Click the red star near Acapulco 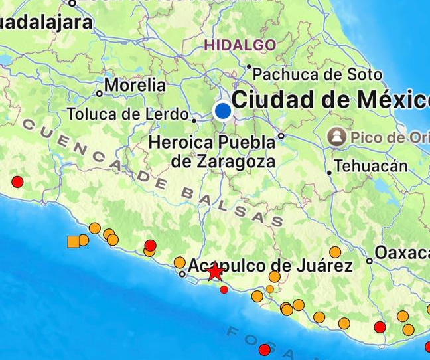tap(214, 272)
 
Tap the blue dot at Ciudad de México tap(223, 110)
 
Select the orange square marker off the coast tap(73, 242)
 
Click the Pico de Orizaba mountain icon tap(337, 137)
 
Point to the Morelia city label tap(135, 85)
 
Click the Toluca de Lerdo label tap(127, 114)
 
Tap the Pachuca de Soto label tap(318, 74)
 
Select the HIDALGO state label tap(240, 45)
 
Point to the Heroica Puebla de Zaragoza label tap(212, 151)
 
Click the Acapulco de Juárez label tap(270, 266)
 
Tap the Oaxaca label tap(402, 252)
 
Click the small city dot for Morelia tap(100, 93)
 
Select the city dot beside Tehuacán tap(329, 172)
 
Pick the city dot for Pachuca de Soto tap(249, 66)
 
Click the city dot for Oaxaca tap(370, 261)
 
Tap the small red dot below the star tap(224, 290)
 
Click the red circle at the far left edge tap(17, 181)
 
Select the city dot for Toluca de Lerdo tap(194, 120)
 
